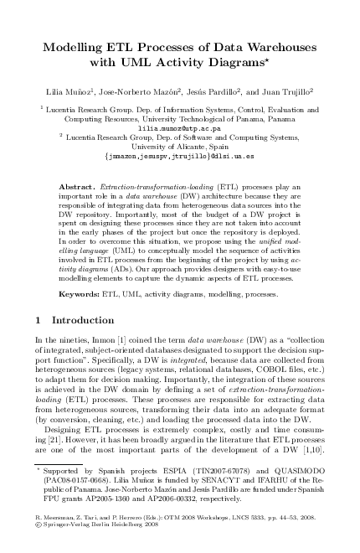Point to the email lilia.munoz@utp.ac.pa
point(180,129)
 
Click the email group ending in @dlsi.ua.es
point(180,155)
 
